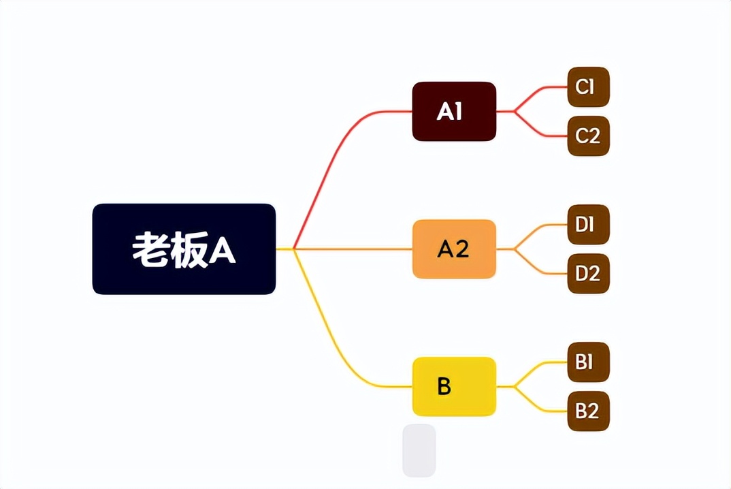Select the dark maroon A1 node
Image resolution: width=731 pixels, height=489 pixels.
coord(454,112)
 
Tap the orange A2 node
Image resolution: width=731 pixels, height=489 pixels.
coord(454,249)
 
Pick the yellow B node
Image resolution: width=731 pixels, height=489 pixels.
coord(454,386)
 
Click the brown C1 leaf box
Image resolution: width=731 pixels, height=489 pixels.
coord(588,87)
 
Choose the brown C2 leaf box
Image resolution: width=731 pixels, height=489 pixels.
coord(588,136)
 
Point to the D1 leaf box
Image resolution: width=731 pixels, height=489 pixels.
coord(588,225)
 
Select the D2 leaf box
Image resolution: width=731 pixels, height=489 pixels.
coord(588,274)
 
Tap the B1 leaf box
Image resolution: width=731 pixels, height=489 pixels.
coord(588,362)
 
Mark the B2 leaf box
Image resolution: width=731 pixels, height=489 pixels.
coord(588,411)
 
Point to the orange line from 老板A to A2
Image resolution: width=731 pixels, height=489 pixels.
coord(354,249)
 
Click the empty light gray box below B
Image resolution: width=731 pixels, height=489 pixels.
coord(419,450)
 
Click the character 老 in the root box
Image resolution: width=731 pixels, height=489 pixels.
coord(150,250)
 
